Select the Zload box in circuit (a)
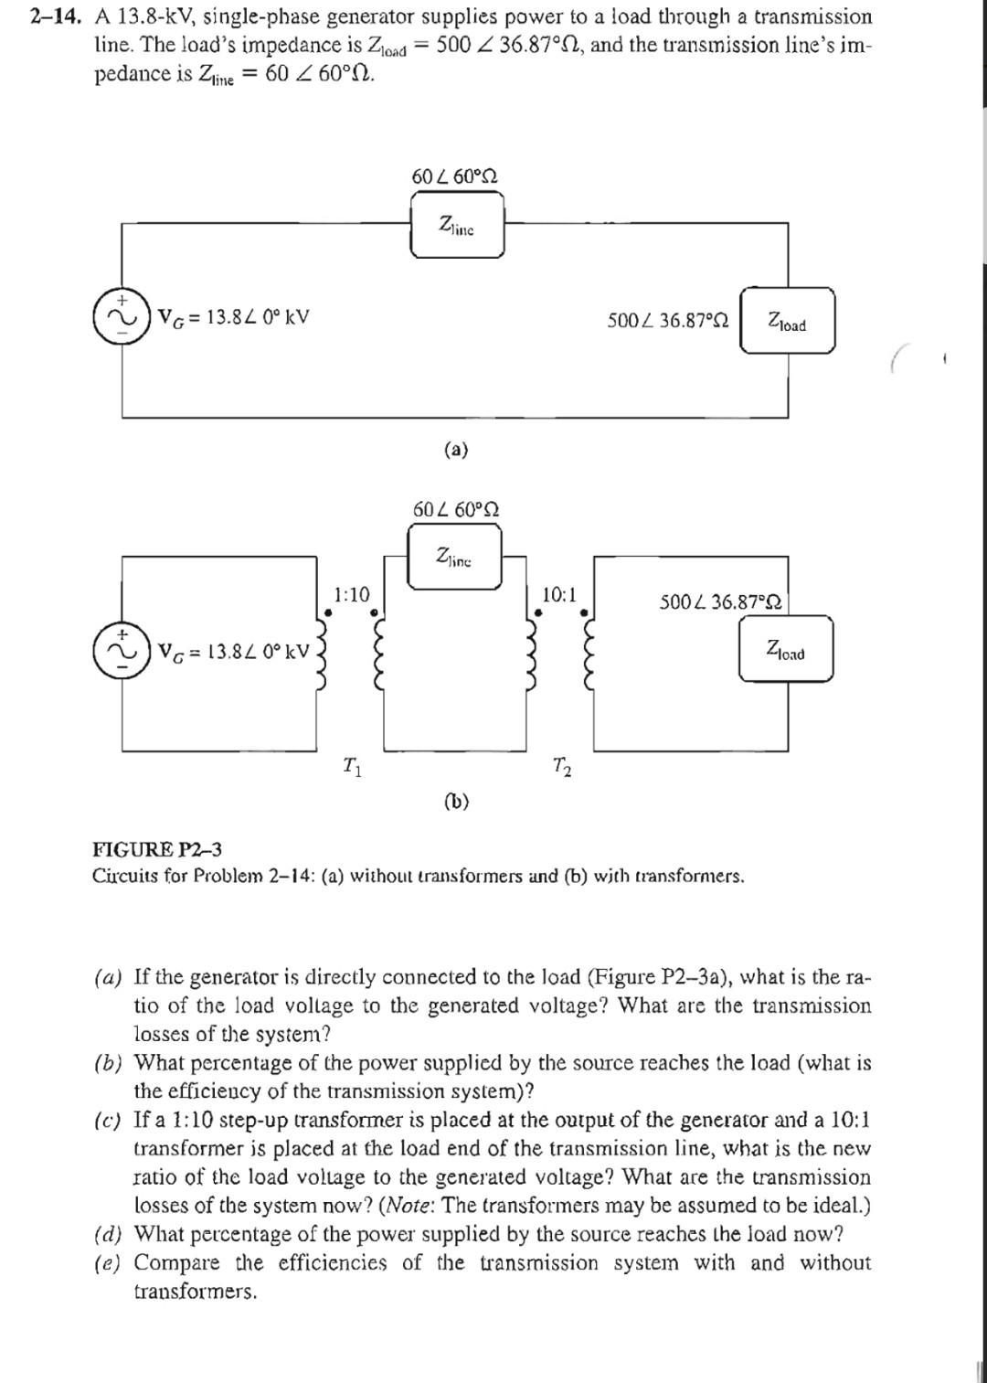point(787,321)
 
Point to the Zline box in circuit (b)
point(454,557)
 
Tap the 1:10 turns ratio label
point(352,595)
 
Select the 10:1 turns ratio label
point(559,595)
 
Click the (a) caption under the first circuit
point(455,450)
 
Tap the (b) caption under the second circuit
point(456,802)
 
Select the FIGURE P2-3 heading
point(157,850)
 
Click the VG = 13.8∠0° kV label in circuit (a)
point(234,317)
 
